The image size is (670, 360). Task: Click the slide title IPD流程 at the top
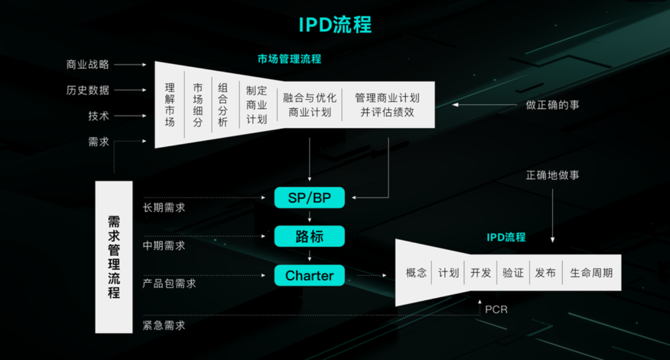335,25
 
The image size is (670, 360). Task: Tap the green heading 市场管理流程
289,59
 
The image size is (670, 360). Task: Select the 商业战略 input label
88,65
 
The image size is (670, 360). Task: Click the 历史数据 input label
88,90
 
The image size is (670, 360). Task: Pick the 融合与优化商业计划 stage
309,104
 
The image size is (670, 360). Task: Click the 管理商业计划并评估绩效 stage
387,104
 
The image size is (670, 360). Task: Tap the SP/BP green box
309,198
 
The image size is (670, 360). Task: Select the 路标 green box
309,236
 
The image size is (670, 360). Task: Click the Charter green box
309,275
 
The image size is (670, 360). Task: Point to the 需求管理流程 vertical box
114,257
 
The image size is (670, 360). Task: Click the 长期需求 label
164,208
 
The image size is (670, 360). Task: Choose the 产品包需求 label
170,284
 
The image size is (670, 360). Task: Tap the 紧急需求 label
164,325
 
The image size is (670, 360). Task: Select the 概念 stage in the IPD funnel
416,273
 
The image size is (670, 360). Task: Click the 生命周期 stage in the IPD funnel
591,273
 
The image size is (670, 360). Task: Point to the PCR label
496,309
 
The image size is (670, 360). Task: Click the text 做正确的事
553,105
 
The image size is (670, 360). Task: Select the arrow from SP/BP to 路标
309,217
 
